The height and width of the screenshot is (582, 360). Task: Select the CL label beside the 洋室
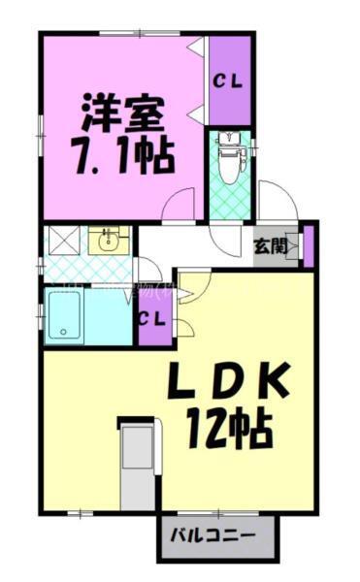(229, 81)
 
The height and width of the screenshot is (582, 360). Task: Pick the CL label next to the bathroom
(151, 319)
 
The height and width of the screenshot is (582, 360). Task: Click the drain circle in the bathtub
(64, 332)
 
